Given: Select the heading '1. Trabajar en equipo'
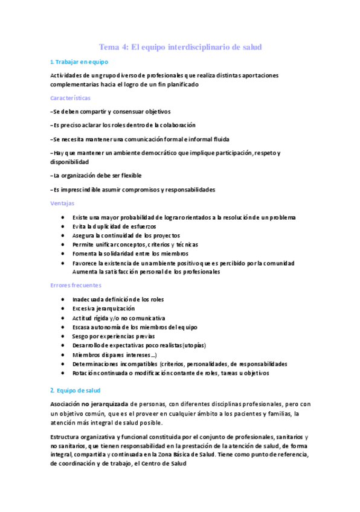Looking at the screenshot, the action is coord(79,62).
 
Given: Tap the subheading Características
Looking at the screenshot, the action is coord(71,98).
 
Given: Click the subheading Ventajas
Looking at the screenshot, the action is coord(63,203).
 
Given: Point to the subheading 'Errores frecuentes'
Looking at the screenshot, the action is coord(76,285).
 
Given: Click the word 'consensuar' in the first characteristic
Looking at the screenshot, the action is coord(124,112).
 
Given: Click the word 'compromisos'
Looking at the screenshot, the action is coord(144,190).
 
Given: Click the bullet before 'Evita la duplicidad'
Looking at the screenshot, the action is coord(63,226).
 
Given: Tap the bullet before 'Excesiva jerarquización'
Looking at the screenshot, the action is coord(63,309).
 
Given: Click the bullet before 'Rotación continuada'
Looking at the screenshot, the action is coord(63,373).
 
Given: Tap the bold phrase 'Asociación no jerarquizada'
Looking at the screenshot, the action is coord(89,404).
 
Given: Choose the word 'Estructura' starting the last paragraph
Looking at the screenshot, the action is coord(66,437).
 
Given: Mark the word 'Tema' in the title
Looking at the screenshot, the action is coord(110,47).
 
